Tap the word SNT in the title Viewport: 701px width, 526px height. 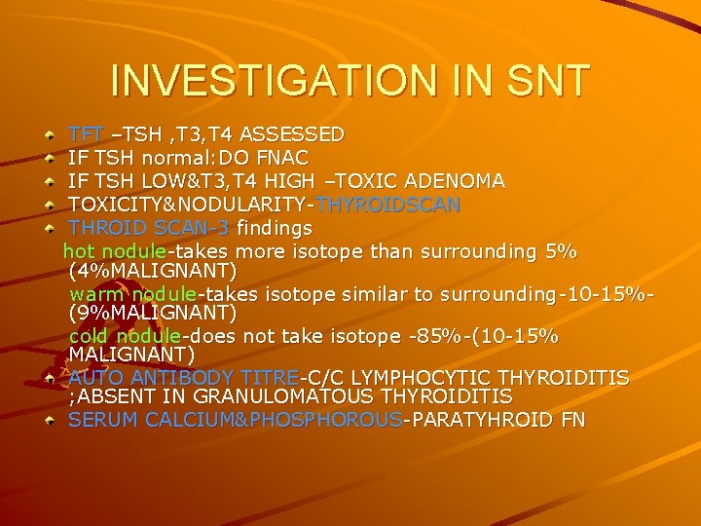click(539, 80)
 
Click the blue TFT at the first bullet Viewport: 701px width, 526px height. click(85, 133)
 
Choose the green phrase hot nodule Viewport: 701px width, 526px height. click(105, 252)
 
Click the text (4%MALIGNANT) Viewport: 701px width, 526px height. click(154, 270)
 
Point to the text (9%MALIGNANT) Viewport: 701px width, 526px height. click(154, 312)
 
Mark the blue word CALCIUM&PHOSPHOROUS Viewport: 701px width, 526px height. click(274, 420)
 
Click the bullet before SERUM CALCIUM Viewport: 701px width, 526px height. click(50, 421)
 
